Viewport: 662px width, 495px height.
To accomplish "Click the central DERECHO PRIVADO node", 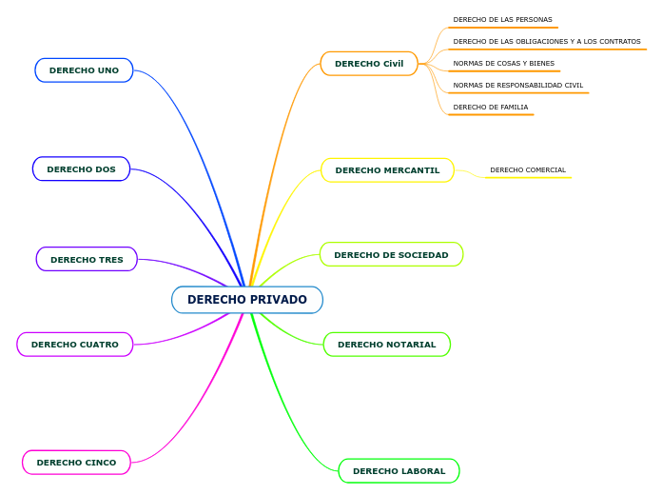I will coord(247,300).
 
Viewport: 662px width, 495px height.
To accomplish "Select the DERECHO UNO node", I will coord(84,70).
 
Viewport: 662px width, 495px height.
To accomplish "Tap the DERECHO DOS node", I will coord(81,169).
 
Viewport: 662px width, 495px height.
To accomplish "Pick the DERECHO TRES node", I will coord(87,259).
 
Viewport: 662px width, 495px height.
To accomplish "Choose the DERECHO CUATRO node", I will coord(75,345).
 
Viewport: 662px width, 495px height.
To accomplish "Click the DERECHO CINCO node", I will coord(76,463).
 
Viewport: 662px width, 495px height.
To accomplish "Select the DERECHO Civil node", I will coord(369,64).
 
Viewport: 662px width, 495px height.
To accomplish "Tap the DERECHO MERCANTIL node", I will coord(387,170).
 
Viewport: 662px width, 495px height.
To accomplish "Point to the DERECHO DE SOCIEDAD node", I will coord(391,254).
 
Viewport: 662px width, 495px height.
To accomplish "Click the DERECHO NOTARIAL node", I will coord(386,345).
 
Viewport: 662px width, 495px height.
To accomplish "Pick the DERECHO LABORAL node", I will coord(399,471).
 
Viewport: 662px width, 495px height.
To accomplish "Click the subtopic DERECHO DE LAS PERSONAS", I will coord(502,20).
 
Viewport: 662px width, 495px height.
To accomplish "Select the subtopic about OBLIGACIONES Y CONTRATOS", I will coord(547,42).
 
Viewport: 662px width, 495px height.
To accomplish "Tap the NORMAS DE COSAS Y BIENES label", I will coord(503,64).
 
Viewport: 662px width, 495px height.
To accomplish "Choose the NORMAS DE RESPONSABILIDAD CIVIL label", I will coord(518,86).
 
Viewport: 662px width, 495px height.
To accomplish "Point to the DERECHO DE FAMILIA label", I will coord(491,108).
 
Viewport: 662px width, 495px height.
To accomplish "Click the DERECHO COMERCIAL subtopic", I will coord(528,170).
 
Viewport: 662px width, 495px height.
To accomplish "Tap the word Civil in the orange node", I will coord(393,64).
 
